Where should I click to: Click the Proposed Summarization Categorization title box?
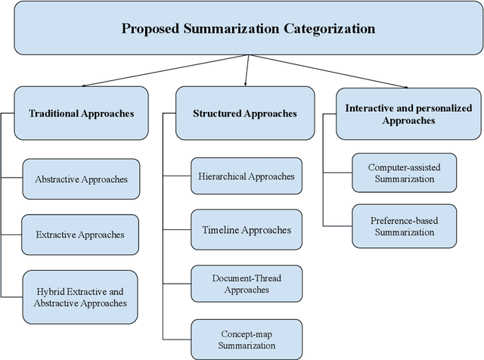tap(248, 29)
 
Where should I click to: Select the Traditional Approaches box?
tap(81, 113)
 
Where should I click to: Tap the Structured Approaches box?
tap(245, 113)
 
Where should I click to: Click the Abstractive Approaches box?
tap(81, 179)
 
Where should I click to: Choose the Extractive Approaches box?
tap(80, 234)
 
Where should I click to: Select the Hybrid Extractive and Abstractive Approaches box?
tap(80, 296)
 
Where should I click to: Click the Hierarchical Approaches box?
tap(246, 176)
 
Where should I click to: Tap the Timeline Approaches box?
tap(246, 231)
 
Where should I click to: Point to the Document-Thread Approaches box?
tap(246, 284)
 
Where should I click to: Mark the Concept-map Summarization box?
tap(246, 338)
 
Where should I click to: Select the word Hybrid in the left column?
tap(53, 290)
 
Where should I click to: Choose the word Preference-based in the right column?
tap(403, 219)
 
